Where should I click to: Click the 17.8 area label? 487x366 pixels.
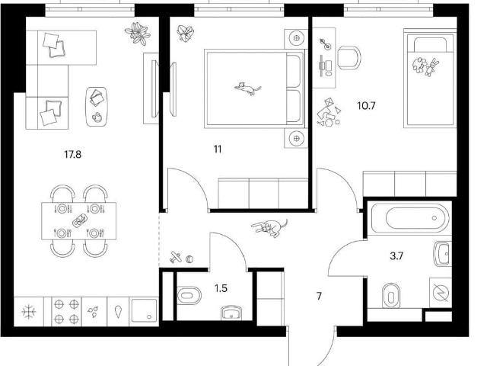73,154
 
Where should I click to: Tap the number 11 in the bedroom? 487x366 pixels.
218,149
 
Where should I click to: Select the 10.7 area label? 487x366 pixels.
366,106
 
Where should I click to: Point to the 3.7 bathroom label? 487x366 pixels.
396,256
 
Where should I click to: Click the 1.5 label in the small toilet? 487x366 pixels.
221,288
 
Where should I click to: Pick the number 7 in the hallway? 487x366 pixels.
319,297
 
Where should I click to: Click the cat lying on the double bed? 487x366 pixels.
247,88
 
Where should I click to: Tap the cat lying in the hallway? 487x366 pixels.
269,228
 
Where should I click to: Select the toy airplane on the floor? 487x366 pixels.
176,258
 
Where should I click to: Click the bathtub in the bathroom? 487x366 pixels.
409,218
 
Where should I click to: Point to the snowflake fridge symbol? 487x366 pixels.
29,312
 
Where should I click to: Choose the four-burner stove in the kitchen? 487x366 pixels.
66,311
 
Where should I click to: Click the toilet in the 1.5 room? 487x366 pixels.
189,295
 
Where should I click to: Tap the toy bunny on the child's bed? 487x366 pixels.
431,67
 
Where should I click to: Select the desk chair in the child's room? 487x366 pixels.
349,58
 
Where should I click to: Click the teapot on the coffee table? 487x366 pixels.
97,117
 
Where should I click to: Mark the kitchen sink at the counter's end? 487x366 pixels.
144,310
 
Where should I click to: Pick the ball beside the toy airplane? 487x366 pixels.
189,259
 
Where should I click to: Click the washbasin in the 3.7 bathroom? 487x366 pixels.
442,254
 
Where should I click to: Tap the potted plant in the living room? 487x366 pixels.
138,34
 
